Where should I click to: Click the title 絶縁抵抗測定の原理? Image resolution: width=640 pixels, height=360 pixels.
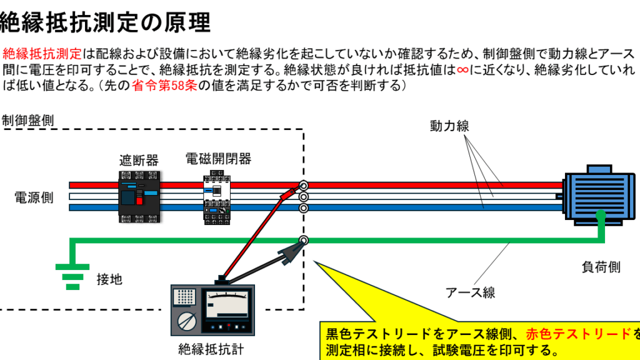coord(105,22)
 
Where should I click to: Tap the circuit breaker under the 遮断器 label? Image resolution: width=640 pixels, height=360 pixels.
coord(139,197)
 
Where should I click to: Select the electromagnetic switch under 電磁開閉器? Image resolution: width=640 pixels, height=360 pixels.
coord(217,197)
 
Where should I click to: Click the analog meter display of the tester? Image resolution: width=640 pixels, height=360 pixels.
coord(227,304)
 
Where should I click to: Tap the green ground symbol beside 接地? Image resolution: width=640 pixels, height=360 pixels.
coord(72,277)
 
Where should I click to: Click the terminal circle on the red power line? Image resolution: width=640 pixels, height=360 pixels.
coord(304,185)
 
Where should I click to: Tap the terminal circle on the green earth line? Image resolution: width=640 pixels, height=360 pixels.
coord(304,240)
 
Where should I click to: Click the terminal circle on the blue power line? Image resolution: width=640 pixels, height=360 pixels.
coord(304,208)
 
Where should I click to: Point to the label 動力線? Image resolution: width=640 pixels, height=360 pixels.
coord(449,126)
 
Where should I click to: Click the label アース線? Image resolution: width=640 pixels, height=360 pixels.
coord(470,292)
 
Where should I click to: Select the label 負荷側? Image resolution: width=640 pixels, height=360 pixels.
coord(601,267)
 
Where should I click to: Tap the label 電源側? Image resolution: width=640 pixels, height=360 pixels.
coord(34,197)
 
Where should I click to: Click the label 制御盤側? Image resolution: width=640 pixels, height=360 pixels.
coord(27,121)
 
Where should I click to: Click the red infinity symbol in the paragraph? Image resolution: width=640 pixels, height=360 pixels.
coord(462,70)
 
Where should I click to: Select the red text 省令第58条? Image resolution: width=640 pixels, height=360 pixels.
coord(164,86)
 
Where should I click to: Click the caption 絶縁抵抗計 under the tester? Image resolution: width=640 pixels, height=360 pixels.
coord(211,349)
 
